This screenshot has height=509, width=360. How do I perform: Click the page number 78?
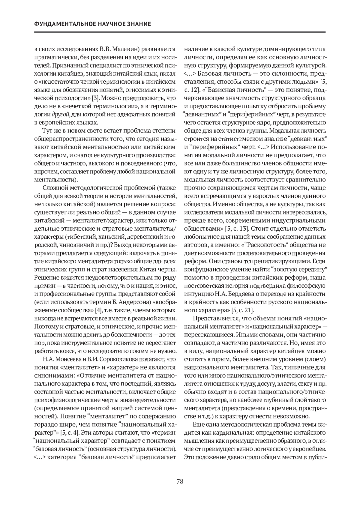click(180, 481)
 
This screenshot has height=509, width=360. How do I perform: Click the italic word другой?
click(60, 114)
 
